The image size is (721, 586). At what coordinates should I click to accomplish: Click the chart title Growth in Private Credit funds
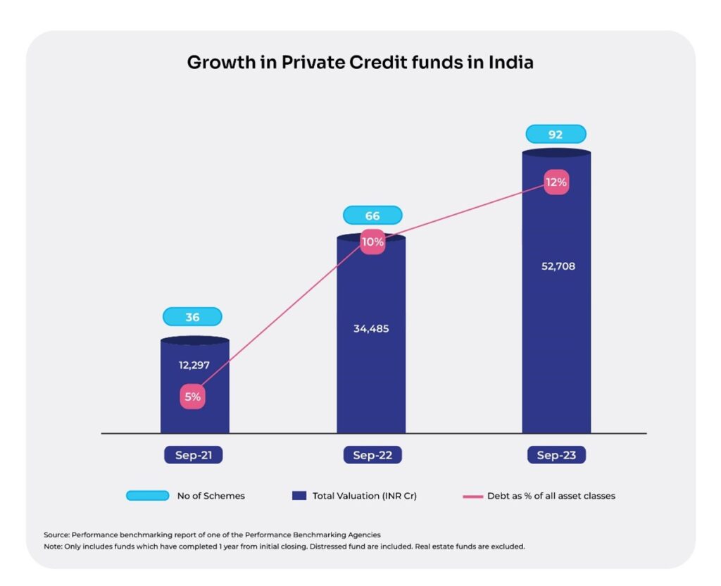point(360,63)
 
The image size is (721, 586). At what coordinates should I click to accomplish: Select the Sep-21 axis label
point(193,455)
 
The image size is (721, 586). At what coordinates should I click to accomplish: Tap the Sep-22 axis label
point(372,455)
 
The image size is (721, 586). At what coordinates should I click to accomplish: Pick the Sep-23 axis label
point(556,455)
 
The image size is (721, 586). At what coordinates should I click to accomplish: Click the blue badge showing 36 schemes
point(192,317)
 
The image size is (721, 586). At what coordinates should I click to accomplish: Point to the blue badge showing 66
point(372,215)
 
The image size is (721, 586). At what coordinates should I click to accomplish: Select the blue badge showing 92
point(556,134)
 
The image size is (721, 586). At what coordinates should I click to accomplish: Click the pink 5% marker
point(192,397)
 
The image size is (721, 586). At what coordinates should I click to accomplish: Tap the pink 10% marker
point(372,242)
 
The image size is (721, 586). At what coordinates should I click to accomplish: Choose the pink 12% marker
point(556,182)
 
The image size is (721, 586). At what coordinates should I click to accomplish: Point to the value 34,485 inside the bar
point(371,328)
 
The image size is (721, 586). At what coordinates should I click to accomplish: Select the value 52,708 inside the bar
point(557,266)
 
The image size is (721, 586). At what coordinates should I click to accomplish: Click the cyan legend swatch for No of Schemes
point(147,496)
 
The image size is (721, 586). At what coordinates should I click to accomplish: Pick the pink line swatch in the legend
point(471,496)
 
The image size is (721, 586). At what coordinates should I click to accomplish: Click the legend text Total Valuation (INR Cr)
point(365,496)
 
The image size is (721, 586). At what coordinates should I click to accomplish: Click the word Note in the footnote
point(53,547)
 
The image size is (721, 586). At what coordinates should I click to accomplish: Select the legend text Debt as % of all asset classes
point(551,496)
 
